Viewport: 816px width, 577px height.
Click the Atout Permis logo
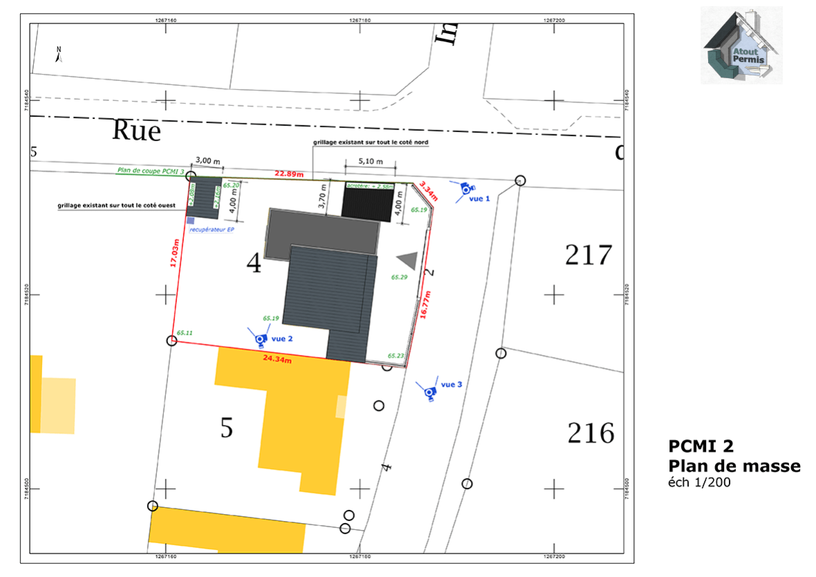point(741,46)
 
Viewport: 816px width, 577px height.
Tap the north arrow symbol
point(59,55)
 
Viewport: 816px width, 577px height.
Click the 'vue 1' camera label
point(479,199)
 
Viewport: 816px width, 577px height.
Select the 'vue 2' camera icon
point(260,338)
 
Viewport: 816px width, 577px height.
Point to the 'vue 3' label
point(451,384)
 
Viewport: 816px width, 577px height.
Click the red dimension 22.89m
point(289,174)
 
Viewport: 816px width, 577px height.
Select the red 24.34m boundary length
point(277,359)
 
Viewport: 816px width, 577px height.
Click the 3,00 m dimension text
point(208,161)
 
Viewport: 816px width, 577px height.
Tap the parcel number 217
point(588,255)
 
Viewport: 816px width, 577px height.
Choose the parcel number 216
point(591,434)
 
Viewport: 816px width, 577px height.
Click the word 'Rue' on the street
point(136,130)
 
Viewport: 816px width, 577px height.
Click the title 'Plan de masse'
point(734,466)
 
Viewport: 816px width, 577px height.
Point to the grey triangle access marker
point(407,260)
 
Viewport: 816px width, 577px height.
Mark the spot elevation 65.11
point(184,333)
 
